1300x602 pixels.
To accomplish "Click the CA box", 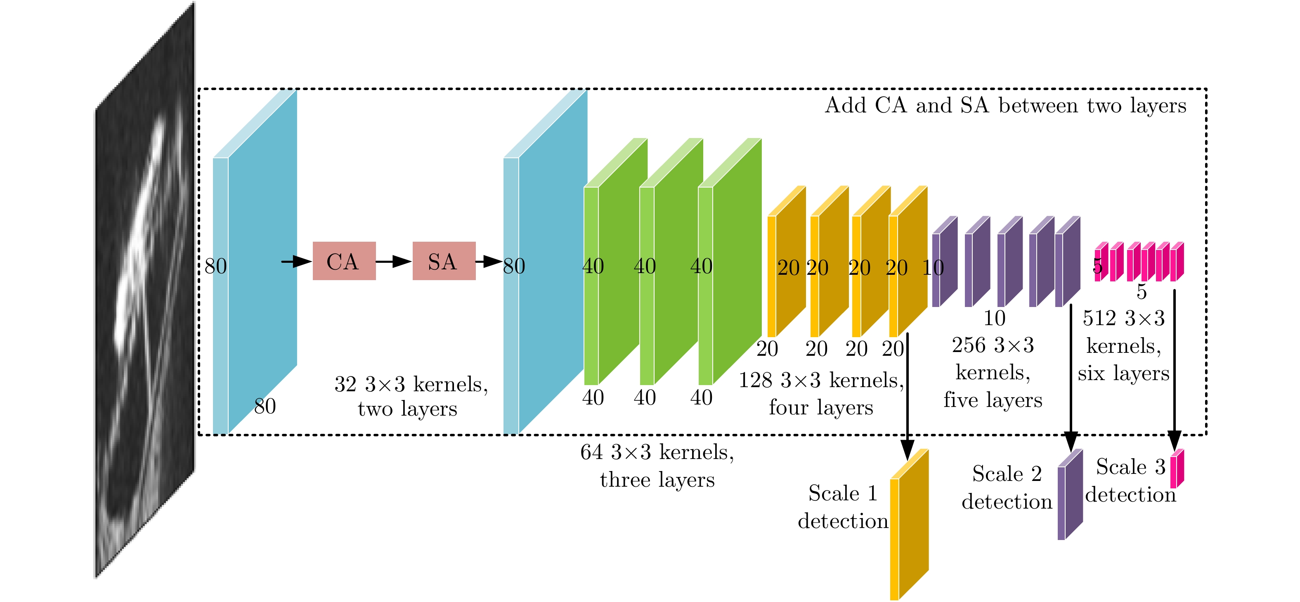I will [x=344, y=261].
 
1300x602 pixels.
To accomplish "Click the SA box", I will [x=444, y=261].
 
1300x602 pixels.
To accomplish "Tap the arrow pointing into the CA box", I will [x=296, y=261].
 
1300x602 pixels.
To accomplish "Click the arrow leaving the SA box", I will [x=489, y=261].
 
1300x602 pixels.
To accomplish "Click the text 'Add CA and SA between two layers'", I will [x=1005, y=105].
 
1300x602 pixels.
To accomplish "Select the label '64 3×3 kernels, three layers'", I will [x=657, y=465].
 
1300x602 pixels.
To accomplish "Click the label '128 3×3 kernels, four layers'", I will [x=820, y=393].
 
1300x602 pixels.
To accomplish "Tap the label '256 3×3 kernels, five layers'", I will [x=993, y=372].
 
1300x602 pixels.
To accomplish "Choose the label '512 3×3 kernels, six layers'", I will [x=1123, y=345].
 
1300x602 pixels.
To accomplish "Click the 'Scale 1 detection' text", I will [x=842, y=507].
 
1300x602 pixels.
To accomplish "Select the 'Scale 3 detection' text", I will [x=1130, y=480].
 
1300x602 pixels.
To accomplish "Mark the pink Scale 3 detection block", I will [x=1177, y=469].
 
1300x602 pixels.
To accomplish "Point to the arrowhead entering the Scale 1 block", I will [x=908, y=450].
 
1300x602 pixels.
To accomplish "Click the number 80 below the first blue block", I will [x=265, y=406].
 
